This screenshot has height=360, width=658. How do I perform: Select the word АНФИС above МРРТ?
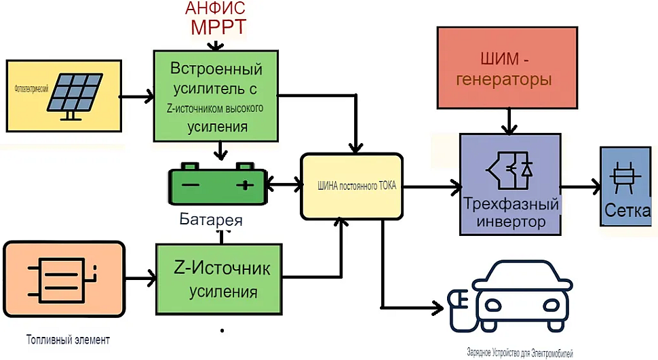(215, 8)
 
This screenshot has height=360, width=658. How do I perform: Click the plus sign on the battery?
(244, 184)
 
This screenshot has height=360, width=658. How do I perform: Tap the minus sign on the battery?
(191, 184)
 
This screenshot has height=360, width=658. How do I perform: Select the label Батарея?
(211, 220)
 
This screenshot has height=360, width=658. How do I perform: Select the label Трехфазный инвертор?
(511, 213)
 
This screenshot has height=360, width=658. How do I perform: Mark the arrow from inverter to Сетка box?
(581, 184)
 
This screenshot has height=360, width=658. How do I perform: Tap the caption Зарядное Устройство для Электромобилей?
(520, 353)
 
